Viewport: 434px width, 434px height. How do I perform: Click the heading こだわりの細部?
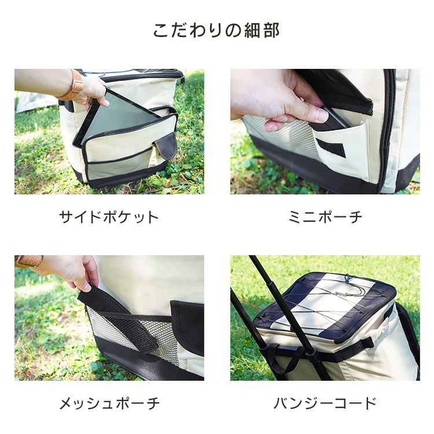[x=216, y=30]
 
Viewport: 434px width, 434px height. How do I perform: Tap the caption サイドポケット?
[x=109, y=217]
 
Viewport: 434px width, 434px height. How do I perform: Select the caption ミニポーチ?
[x=325, y=217]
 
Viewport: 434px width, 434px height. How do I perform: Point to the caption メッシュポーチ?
[x=109, y=403]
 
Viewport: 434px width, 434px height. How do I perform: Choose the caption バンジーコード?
[x=325, y=403]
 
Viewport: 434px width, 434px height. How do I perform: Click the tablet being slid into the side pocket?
[x=116, y=116]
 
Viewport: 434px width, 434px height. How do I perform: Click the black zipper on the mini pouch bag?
[x=387, y=127]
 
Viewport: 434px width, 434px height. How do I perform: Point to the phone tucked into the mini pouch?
[x=331, y=119]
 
